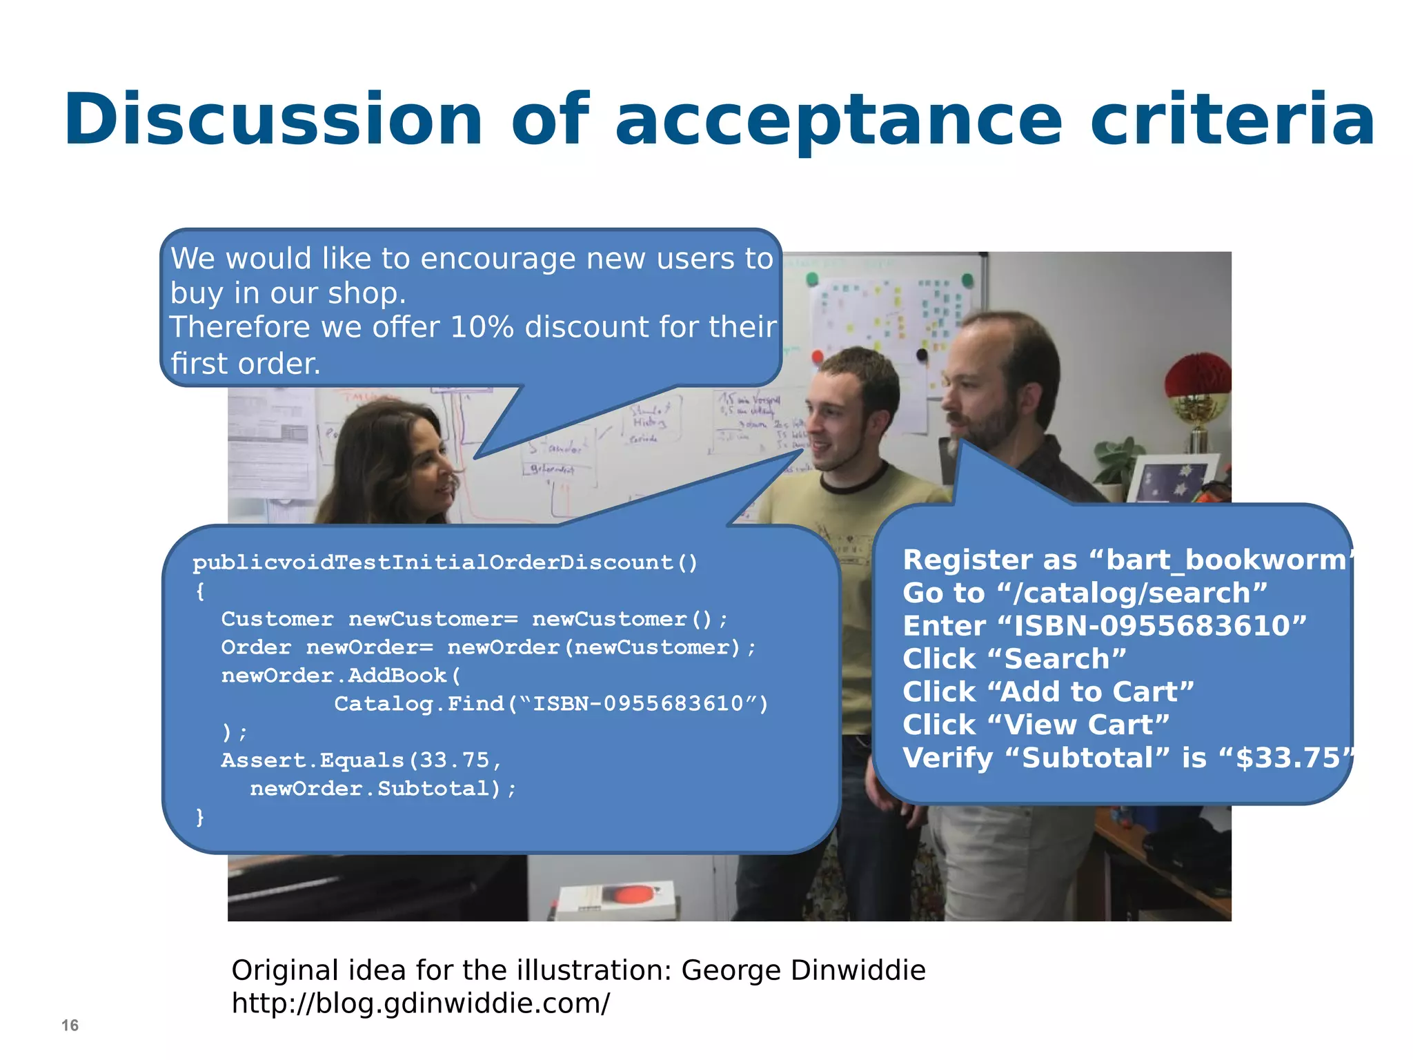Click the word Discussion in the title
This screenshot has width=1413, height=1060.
click(273, 120)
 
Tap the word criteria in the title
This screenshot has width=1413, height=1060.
click(1232, 120)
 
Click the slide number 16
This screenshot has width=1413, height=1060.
click(70, 1025)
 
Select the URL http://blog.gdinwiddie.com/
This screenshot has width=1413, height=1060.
click(420, 1003)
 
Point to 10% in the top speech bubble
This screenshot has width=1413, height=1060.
click(482, 327)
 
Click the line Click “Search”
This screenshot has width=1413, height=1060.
click(1014, 659)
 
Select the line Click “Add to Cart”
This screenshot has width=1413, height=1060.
click(1047, 692)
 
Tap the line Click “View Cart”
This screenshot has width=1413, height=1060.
click(1036, 725)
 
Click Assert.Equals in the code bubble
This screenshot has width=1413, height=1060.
click(312, 760)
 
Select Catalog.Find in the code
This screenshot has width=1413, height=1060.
click(419, 704)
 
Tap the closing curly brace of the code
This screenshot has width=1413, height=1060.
click(200, 817)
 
